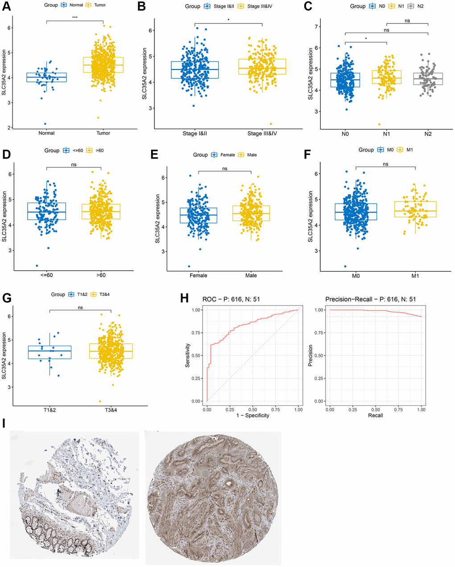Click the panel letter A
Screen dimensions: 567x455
7,7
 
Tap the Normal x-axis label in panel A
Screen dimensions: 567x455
46,133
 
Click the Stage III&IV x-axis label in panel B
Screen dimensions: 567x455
262,133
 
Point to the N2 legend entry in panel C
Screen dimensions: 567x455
416,6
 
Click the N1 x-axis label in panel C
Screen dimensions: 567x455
386,134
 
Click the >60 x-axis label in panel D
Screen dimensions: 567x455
101,275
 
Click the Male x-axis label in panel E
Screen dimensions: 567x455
251,275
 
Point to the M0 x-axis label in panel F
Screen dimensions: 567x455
356,276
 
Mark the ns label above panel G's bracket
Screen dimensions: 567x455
80,307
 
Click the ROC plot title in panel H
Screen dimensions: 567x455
231,299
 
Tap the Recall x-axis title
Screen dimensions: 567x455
375,415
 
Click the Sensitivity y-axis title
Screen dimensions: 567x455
188,355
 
